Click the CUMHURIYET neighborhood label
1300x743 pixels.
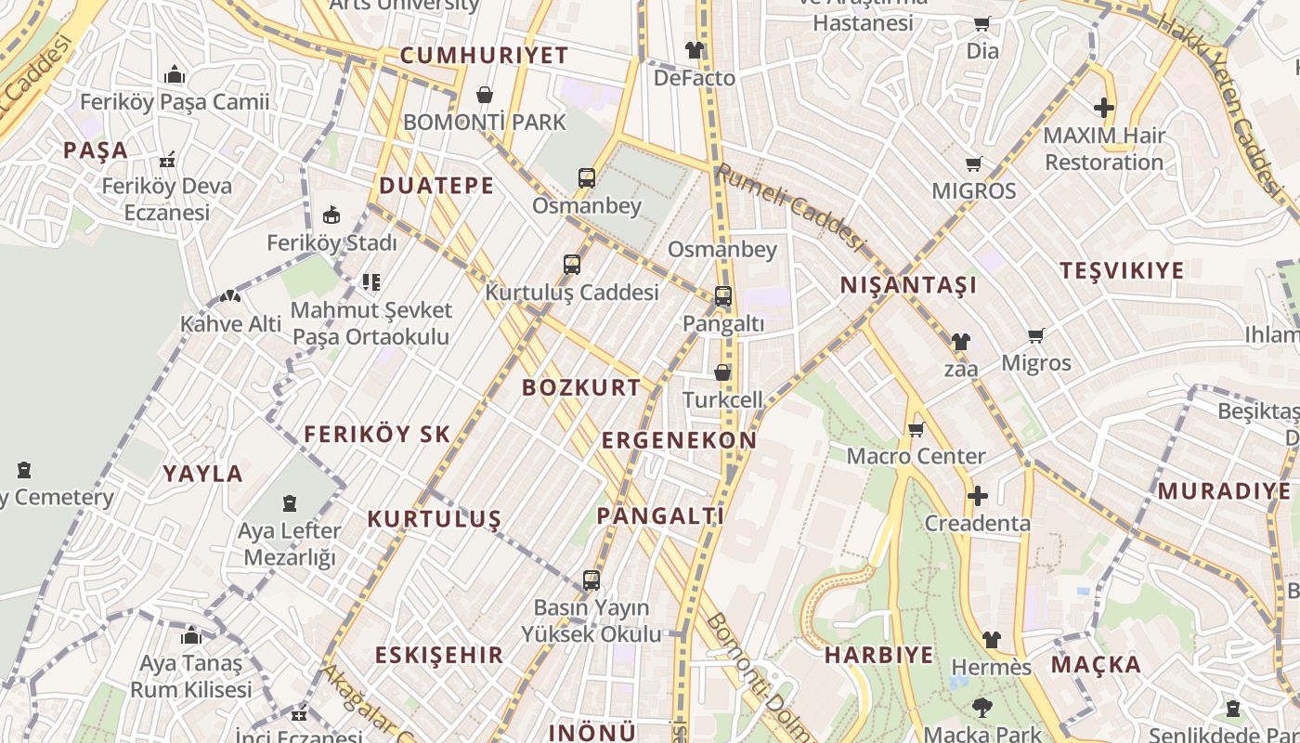click(x=484, y=55)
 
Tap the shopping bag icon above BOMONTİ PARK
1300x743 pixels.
click(x=484, y=95)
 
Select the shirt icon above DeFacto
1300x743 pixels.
click(x=695, y=50)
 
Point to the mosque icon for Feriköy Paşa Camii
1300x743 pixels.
click(x=175, y=75)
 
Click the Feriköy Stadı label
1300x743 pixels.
click(x=331, y=243)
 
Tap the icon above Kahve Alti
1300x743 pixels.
click(x=229, y=297)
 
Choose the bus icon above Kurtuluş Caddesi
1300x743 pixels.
click(x=572, y=265)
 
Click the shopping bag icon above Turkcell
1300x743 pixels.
click(x=722, y=372)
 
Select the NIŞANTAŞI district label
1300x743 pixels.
click(x=908, y=285)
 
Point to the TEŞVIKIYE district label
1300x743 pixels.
click(x=1122, y=270)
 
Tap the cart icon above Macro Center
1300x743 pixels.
click(x=916, y=429)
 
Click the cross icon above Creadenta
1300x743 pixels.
click(x=977, y=496)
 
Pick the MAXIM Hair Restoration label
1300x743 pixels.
click(x=1103, y=149)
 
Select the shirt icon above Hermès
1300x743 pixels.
click(x=992, y=640)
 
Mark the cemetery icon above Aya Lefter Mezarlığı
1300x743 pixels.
click(x=290, y=504)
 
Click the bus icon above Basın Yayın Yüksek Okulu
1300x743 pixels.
click(x=591, y=580)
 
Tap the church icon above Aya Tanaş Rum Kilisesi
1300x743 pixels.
click(x=191, y=636)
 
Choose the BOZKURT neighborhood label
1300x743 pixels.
click(x=581, y=387)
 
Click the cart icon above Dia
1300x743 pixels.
click(x=982, y=23)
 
